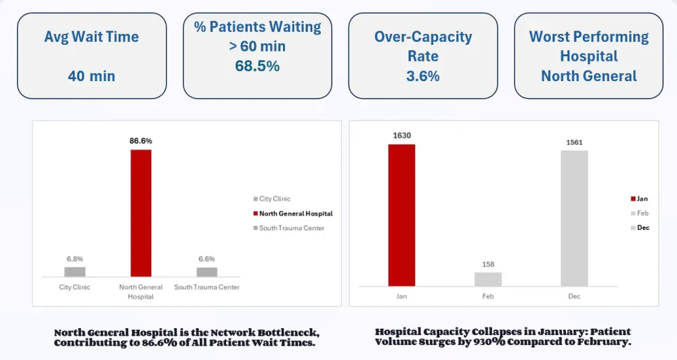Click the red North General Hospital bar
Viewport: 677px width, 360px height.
click(141, 213)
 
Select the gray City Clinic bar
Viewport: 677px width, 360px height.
click(75, 271)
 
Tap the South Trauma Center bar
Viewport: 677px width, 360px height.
click(207, 271)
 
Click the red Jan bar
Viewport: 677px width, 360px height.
click(401, 215)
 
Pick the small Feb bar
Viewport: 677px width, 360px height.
click(488, 279)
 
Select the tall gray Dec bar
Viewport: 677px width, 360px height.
click(574, 218)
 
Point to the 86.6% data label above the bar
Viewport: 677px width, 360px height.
click(141, 141)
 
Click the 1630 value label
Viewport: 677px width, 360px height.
click(401, 135)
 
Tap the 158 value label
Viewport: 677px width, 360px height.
click(488, 263)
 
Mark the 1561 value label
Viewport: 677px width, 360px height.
click(574, 142)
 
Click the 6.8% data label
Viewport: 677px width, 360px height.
click(75, 258)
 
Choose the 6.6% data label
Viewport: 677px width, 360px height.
click(207, 258)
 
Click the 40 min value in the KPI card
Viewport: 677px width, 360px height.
click(91, 76)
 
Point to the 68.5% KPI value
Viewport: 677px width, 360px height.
click(257, 66)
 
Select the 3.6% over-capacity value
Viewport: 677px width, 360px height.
click(423, 76)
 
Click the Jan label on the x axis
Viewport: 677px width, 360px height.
click(401, 296)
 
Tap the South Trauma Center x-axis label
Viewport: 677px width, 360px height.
click(207, 287)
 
